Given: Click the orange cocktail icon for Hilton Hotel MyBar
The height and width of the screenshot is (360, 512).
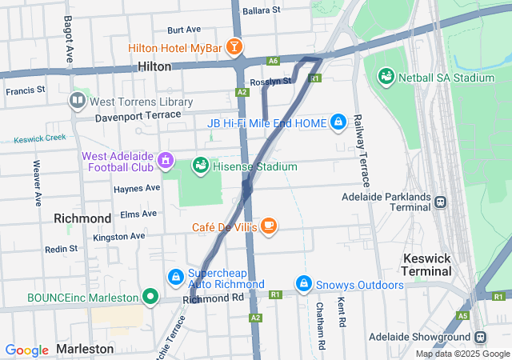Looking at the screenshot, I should tap(234, 48).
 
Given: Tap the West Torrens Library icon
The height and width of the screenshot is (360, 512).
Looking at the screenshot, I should tap(78, 101).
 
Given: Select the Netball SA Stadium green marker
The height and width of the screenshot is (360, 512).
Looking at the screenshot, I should tap(386, 78).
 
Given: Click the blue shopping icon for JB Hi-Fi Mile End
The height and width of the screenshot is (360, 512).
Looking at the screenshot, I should tap(338, 122).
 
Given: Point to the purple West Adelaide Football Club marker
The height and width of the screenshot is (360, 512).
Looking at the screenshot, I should tap(166, 160).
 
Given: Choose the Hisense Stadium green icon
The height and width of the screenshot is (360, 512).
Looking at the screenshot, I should tap(200, 166).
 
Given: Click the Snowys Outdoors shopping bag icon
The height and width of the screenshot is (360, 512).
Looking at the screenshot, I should tap(303, 284).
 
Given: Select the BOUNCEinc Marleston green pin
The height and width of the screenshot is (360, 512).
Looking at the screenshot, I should tap(150, 297).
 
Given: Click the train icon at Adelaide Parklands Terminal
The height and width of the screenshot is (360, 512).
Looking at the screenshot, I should tap(441, 202).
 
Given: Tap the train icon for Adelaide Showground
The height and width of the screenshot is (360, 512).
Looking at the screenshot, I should tap(481, 338).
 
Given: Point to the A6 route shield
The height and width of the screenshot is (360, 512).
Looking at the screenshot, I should tap(274, 60).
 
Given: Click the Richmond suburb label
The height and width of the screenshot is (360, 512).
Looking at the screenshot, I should tap(82, 218).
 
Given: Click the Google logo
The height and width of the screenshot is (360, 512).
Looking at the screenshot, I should tap(27, 350).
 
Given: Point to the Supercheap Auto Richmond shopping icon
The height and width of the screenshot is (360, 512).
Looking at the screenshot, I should tap(174, 277).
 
